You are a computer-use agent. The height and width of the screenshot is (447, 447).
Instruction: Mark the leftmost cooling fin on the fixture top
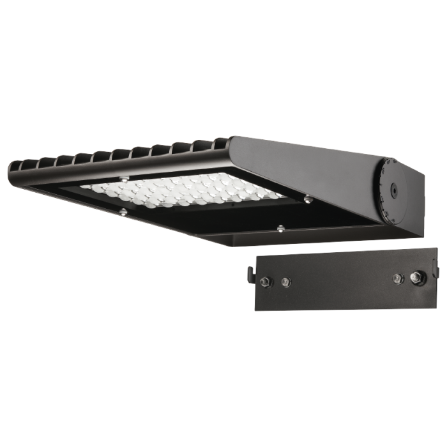click(x=15, y=170)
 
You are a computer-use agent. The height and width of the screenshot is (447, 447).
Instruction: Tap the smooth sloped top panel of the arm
click(x=307, y=160)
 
